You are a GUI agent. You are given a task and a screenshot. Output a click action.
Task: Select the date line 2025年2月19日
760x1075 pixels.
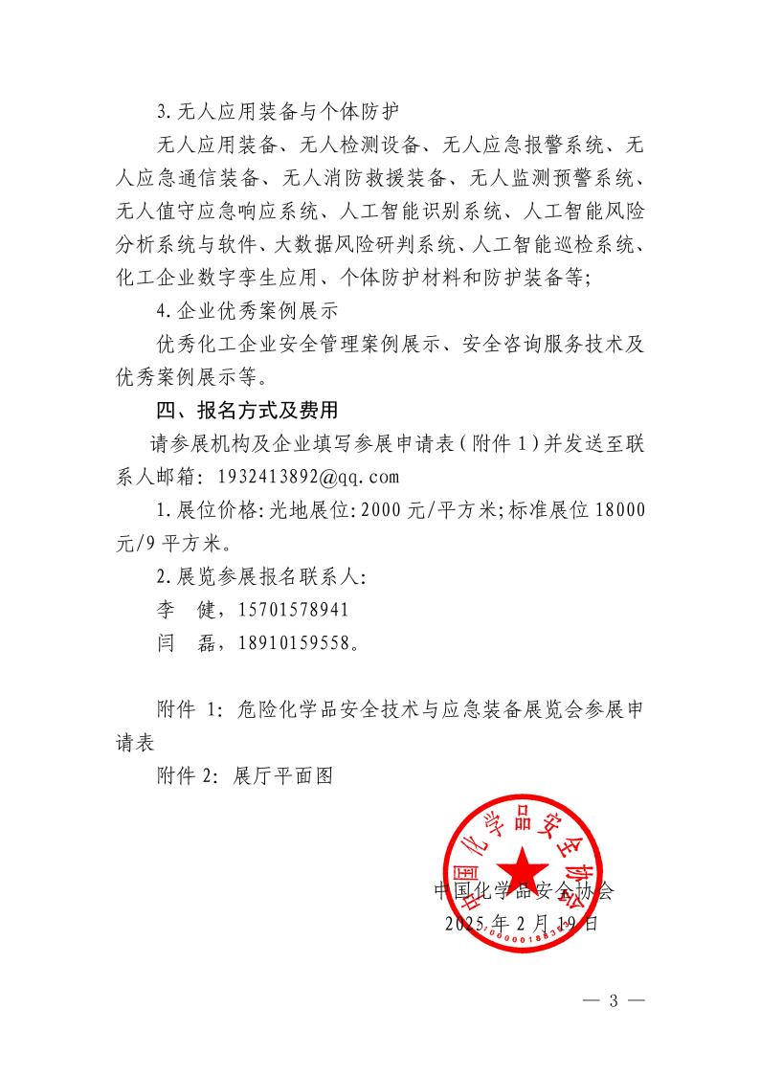tap(522, 924)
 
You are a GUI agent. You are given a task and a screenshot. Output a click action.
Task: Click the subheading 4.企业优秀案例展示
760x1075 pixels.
tap(246, 311)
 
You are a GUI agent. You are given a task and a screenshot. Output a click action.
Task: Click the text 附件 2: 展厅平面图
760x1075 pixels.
tap(244, 776)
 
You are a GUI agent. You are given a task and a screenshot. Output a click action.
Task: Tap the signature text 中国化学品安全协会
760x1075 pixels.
tap(524, 891)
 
